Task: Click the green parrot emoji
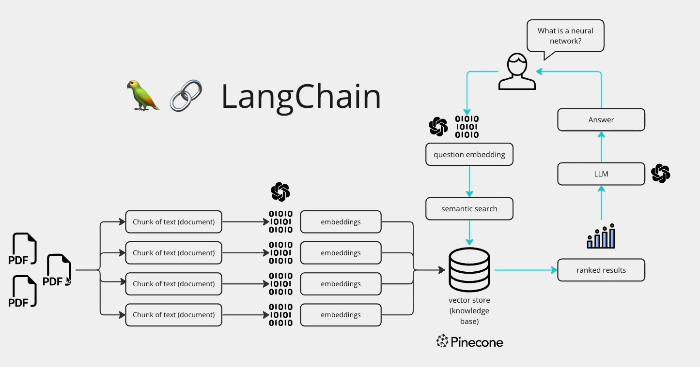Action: click(143, 96)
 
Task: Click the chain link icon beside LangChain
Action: click(186, 96)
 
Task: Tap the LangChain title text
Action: click(301, 96)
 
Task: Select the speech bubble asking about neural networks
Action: click(565, 36)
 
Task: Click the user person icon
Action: click(517, 72)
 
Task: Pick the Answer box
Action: click(601, 120)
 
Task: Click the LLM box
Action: click(601, 174)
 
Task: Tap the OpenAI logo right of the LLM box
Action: click(660, 174)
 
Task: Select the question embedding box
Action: click(469, 155)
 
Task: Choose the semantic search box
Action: click(469, 209)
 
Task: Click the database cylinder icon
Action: click(469, 268)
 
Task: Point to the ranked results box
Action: click(601, 270)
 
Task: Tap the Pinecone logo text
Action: click(469, 342)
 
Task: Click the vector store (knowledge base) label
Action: click(469, 311)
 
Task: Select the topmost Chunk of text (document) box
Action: click(173, 222)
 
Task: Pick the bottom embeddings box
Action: click(341, 315)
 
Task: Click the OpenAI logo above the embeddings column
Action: click(280, 192)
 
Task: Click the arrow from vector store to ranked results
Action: click(526, 270)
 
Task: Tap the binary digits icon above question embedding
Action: click(467, 127)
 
